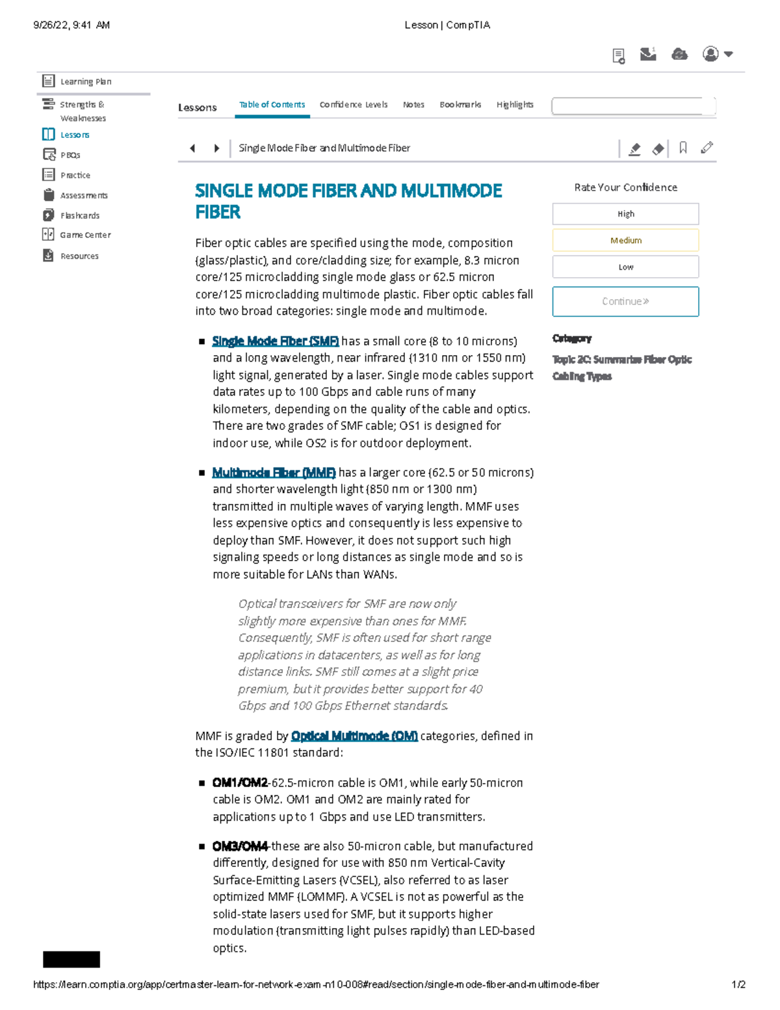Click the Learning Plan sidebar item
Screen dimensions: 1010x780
tap(85, 81)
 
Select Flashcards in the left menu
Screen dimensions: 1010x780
tap(79, 215)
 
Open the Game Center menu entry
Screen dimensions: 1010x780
tap(84, 235)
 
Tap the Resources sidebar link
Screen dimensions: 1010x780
tap(79, 256)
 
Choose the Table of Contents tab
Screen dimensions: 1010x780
tap(272, 105)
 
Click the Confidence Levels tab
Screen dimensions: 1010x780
tap(353, 105)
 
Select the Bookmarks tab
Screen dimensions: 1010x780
tap(460, 105)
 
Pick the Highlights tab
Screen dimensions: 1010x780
tap(515, 105)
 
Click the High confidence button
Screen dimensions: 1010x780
tap(625, 214)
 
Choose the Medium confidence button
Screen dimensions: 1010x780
tap(625, 241)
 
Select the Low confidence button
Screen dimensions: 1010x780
tap(625, 267)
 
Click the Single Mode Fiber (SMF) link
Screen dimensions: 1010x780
tap(275, 341)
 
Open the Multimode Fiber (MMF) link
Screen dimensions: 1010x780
tap(274, 473)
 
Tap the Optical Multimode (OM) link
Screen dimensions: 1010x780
tap(354, 736)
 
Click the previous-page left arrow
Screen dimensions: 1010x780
tap(192, 148)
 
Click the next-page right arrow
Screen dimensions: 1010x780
tap(216, 148)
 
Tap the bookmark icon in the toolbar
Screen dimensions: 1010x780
tap(683, 148)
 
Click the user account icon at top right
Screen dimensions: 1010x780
tap(711, 54)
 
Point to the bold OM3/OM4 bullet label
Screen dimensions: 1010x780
tap(240, 846)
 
